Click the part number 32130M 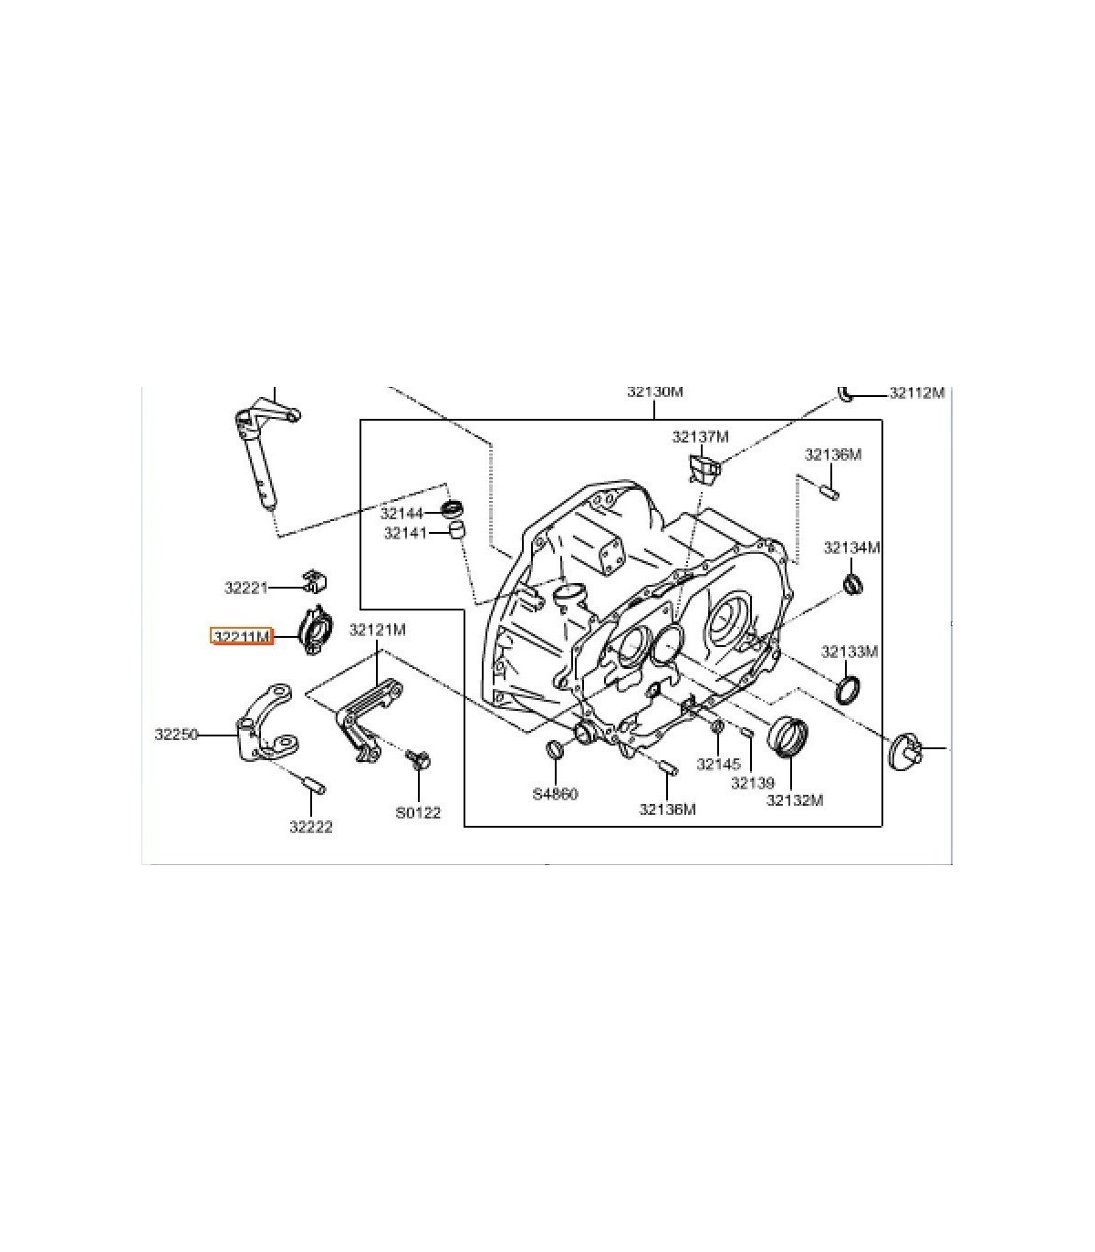[x=654, y=391]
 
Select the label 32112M [x=917, y=393]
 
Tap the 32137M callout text [x=701, y=437]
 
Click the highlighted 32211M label [x=242, y=637]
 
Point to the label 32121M [x=378, y=629]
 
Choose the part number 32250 [x=177, y=734]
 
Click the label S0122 [x=419, y=813]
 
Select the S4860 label [x=556, y=794]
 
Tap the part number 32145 [x=719, y=764]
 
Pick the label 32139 [x=753, y=783]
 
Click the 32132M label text [x=796, y=799]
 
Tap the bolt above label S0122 [x=419, y=759]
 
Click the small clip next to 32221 [x=315, y=581]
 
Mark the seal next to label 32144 [x=453, y=508]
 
